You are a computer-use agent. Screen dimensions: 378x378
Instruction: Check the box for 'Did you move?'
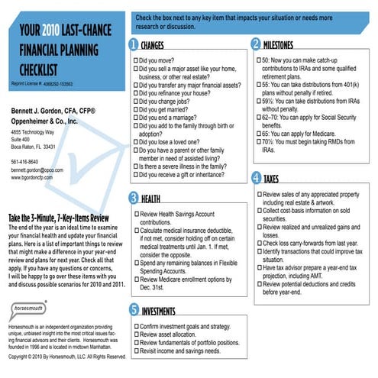coord(136,59)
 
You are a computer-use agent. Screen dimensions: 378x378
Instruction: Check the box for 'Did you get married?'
coord(136,109)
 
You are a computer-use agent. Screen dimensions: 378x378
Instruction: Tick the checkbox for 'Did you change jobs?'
coord(136,101)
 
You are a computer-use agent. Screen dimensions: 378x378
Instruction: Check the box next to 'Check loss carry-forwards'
coord(257,241)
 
